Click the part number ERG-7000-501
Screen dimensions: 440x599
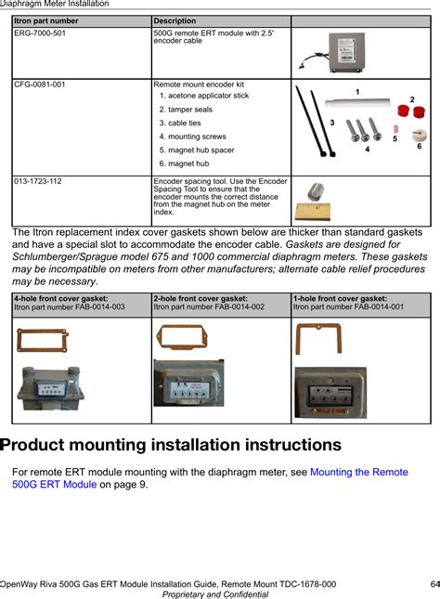[x=40, y=33]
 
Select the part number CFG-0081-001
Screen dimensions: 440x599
[x=40, y=85]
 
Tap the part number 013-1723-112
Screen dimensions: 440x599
[x=38, y=181]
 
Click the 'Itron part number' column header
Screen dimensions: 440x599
[x=45, y=21]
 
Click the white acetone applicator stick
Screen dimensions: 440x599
[x=357, y=102]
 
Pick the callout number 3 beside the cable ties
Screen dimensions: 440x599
[x=332, y=123]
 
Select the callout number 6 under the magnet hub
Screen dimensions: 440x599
[x=419, y=147]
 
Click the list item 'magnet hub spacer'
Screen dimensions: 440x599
[x=197, y=150]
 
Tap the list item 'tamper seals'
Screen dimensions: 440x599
[x=186, y=110]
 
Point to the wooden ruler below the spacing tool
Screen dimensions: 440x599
[x=313, y=212]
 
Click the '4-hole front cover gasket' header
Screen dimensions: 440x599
[x=61, y=299]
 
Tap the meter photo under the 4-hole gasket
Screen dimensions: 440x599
[x=50, y=388]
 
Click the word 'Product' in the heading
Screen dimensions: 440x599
[x=34, y=445]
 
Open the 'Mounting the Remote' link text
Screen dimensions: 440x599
[x=359, y=472]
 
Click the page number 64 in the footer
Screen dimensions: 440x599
[x=435, y=584]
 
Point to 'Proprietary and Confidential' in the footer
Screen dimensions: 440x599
[x=215, y=594]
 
